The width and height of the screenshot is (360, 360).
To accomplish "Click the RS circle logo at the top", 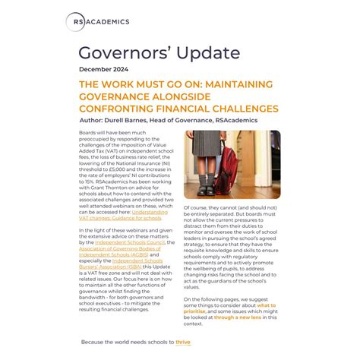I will pyautogui.click(x=75, y=22).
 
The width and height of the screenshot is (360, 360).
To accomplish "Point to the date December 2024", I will pyautogui.click(x=107, y=70).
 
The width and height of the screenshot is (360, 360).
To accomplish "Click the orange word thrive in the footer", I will pyautogui.click(x=183, y=343).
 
